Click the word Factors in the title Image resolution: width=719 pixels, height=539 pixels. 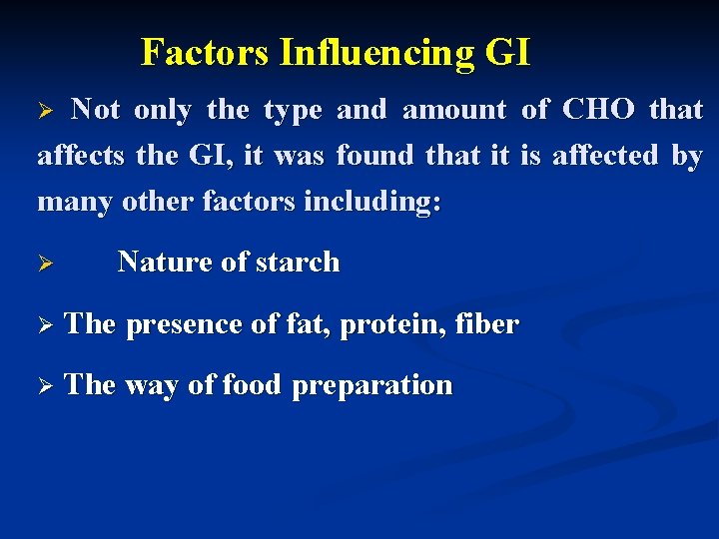click(x=206, y=52)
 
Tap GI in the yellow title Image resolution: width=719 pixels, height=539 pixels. click(x=507, y=52)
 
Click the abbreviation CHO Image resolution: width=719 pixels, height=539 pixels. click(x=598, y=110)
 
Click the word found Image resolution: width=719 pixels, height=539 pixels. click(x=376, y=156)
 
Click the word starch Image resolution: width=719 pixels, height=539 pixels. click(x=298, y=263)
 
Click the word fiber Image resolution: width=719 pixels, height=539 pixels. click(x=486, y=324)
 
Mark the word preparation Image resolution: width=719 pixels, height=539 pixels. click(x=371, y=386)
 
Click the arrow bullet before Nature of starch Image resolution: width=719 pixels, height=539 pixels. click(x=44, y=264)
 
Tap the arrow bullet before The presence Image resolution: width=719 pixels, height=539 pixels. click(x=44, y=325)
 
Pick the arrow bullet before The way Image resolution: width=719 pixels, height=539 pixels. click(x=44, y=386)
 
